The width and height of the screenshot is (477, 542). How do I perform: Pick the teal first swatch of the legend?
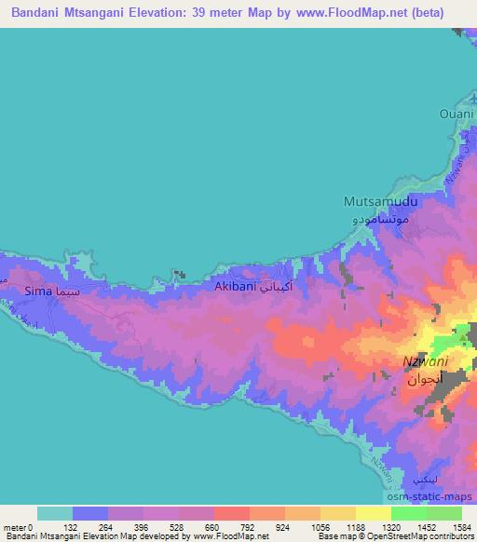coord(55,513)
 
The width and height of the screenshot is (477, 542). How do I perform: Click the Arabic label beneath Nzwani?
coord(427,380)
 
